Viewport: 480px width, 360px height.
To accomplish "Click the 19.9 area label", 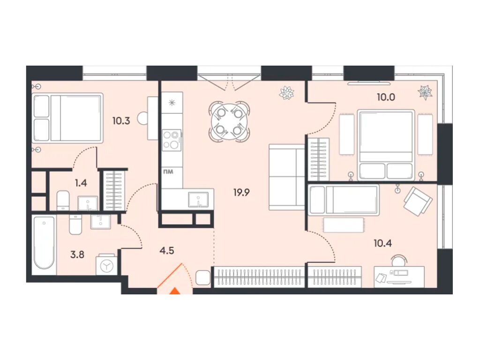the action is [241, 193].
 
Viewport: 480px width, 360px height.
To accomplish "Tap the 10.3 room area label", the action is [121, 121].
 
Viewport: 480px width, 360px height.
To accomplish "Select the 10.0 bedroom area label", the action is [386, 97].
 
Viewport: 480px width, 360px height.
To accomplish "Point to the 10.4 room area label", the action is [382, 243].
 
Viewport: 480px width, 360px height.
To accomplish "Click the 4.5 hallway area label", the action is [167, 250].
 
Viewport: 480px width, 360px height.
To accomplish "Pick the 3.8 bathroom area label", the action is [77, 255].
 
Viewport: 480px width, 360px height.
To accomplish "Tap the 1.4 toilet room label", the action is [81, 183].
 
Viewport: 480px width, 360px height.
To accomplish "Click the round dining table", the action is [229, 121].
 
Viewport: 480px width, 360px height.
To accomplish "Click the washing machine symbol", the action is [106, 265].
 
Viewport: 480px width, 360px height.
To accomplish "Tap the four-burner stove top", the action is [172, 140].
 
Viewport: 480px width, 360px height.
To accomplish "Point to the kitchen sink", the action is [199, 199].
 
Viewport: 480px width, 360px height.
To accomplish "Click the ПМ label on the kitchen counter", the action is [168, 172].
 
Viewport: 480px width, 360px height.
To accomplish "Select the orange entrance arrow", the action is [175, 291].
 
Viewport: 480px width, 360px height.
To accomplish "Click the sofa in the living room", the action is [286, 177].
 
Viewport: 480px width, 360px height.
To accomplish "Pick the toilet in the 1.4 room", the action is [63, 201].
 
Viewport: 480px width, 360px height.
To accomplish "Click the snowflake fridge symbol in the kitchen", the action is [172, 103].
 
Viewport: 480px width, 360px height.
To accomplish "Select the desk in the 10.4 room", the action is [399, 277].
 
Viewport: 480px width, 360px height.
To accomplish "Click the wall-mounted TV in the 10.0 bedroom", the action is [369, 83].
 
